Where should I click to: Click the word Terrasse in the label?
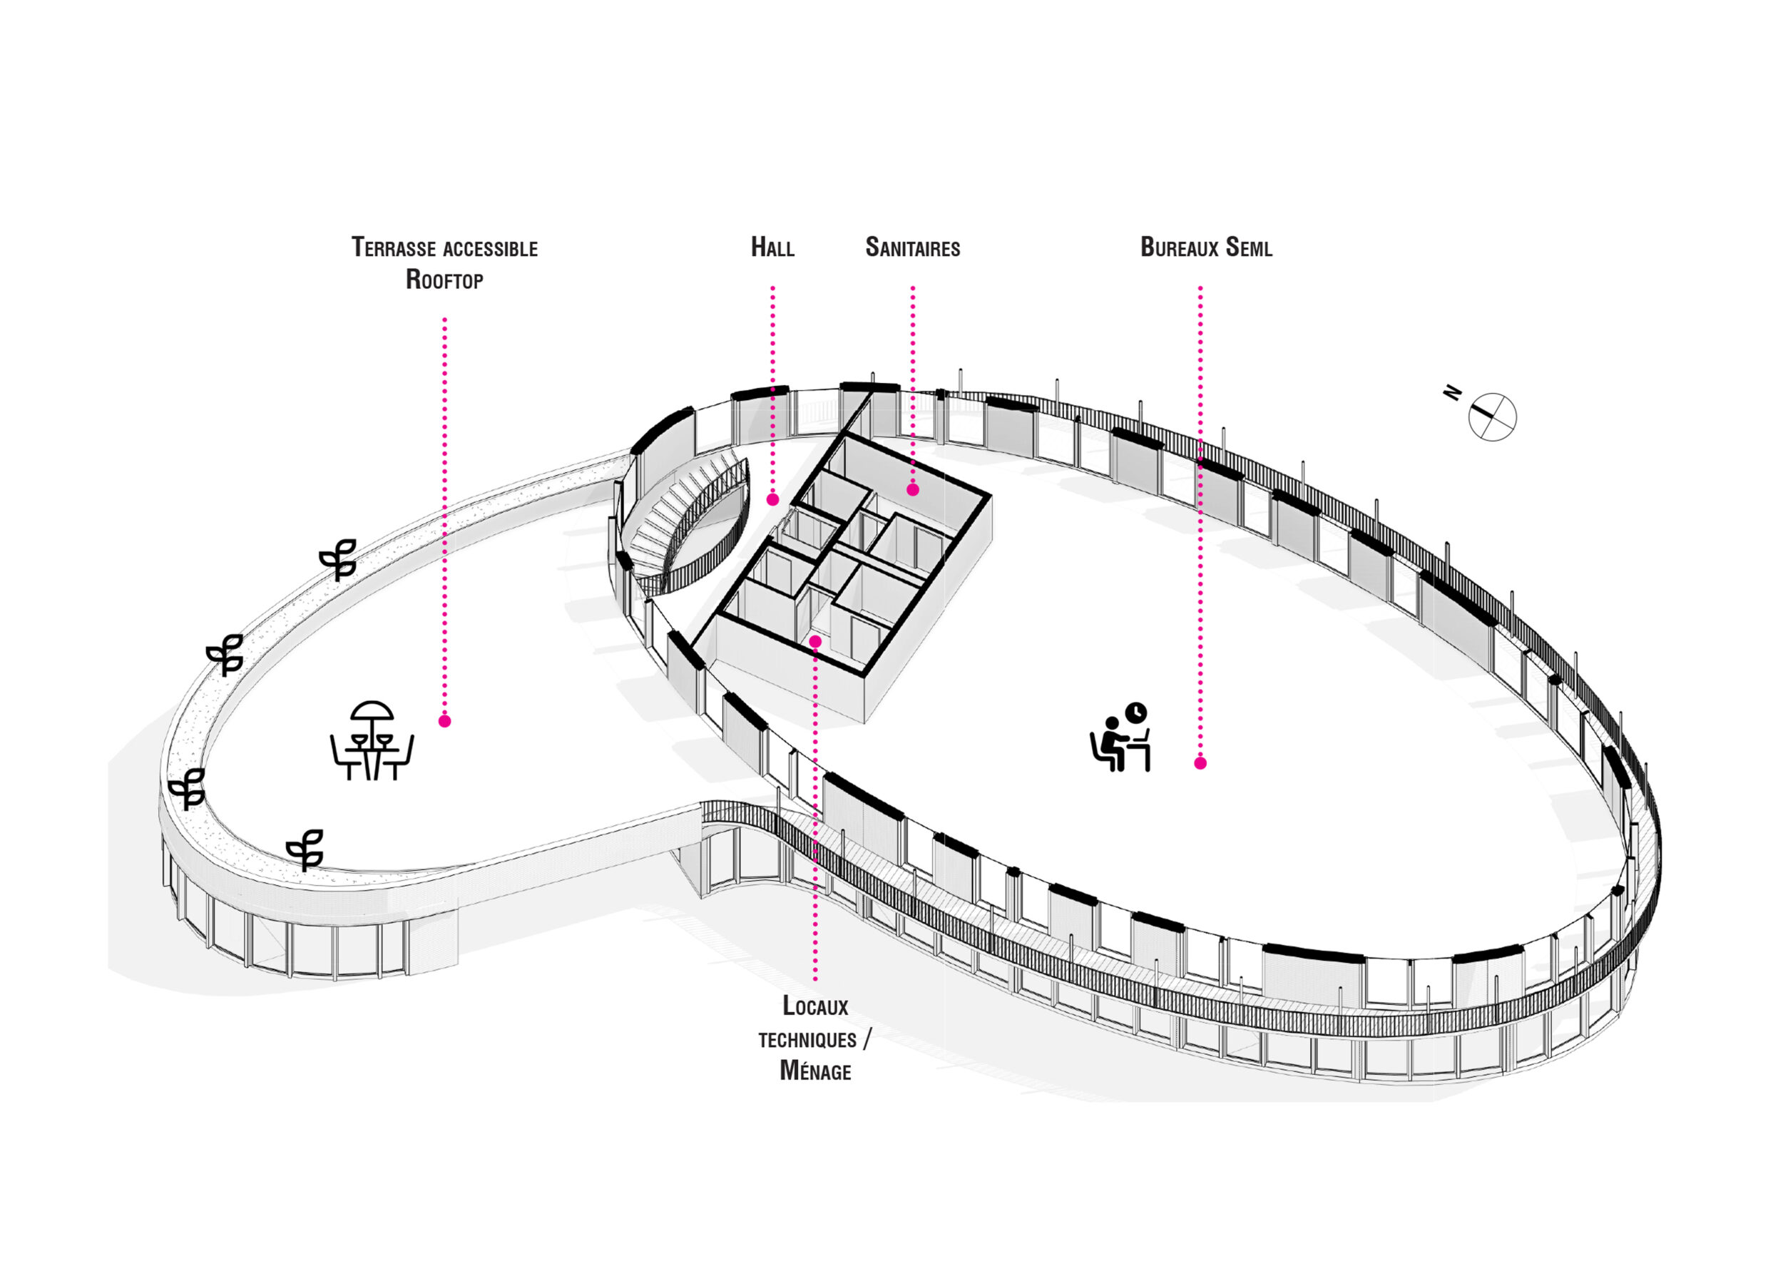tap(394, 247)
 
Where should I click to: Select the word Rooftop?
tap(444, 280)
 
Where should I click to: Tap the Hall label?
tap(772, 247)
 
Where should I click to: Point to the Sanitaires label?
tap(912, 247)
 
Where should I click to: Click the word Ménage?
tap(814, 1071)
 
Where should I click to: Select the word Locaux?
tap(814, 1006)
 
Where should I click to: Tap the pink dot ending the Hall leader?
tap(772, 500)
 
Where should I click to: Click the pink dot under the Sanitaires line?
tap(913, 490)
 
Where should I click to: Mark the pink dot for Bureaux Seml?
tap(1200, 763)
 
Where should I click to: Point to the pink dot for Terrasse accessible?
tap(445, 721)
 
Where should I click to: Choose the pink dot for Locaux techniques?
tap(815, 641)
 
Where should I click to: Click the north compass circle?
tap(1492, 417)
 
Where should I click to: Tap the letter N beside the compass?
tap(1451, 393)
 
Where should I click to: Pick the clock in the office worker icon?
tap(1136, 712)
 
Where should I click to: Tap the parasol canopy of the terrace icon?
tap(372, 711)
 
